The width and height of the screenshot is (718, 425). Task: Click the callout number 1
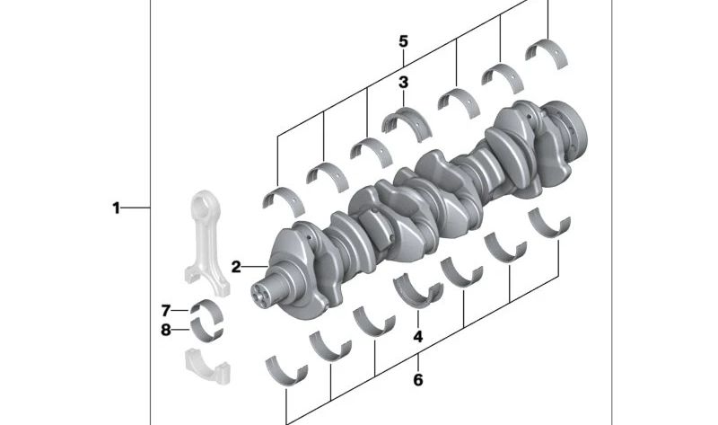(117, 208)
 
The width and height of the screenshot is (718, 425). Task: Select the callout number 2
(236, 267)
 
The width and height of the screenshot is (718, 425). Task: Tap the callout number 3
(403, 83)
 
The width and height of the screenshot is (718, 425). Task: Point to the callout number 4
(417, 337)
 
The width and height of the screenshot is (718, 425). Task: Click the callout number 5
(403, 41)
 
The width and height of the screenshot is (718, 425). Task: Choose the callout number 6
(417, 380)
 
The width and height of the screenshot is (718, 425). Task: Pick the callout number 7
(166, 311)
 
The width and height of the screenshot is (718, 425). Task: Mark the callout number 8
(166, 330)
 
